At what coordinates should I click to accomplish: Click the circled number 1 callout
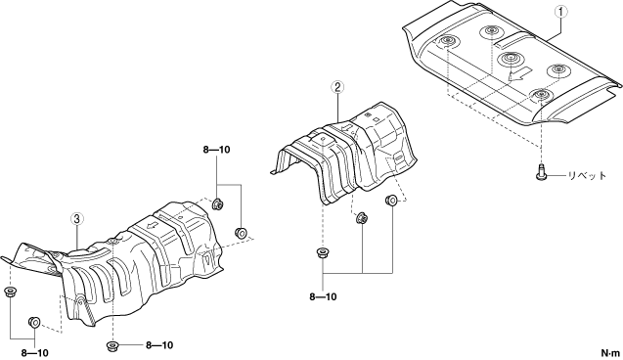pos(561,13)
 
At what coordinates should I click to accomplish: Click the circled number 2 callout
pos(337,87)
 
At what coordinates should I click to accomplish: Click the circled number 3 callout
pos(77,218)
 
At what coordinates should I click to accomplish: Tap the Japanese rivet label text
pos(586,175)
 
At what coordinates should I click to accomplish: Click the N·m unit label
pos(610,353)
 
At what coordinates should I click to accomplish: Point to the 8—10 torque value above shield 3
pos(216,150)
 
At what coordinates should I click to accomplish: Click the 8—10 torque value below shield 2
pos(323,296)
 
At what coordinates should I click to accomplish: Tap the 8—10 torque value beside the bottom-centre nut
pos(159,345)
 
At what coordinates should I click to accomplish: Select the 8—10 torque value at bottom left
pos(35,353)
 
